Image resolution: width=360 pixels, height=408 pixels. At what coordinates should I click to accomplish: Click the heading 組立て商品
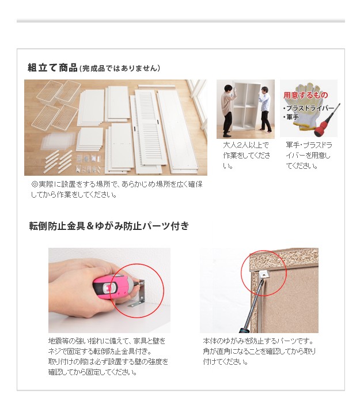tap(52, 67)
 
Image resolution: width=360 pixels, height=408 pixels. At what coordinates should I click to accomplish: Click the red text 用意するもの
tap(305, 95)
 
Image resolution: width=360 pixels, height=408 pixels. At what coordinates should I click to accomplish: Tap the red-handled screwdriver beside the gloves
tap(326, 121)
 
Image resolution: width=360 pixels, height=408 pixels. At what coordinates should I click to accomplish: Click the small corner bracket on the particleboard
tap(264, 274)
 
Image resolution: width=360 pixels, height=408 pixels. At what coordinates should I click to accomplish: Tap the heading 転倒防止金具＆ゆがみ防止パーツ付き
tap(109, 225)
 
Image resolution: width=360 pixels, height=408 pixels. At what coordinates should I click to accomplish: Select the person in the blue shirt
tap(264, 109)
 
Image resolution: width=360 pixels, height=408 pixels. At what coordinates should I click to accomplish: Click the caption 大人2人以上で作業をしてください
tap(247, 156)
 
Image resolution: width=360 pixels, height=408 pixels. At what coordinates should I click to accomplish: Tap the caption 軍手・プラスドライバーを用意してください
tap(309, 156)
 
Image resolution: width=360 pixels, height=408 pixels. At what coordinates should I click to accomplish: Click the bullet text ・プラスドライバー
tap(309, 108)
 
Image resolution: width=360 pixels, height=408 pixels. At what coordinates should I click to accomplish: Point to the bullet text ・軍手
tap(291, 117)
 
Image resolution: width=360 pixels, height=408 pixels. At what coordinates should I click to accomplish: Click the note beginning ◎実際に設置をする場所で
tap(116, 190)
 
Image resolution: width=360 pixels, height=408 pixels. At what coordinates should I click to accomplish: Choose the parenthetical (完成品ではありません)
tap(120, 68)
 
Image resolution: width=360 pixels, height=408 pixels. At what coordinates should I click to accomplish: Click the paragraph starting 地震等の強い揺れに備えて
tap(108, 357)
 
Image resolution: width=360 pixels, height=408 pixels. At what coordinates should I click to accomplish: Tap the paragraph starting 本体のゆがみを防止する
tap(259, 352)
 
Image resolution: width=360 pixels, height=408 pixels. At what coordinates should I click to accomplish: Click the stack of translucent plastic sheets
tap(58, 141)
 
